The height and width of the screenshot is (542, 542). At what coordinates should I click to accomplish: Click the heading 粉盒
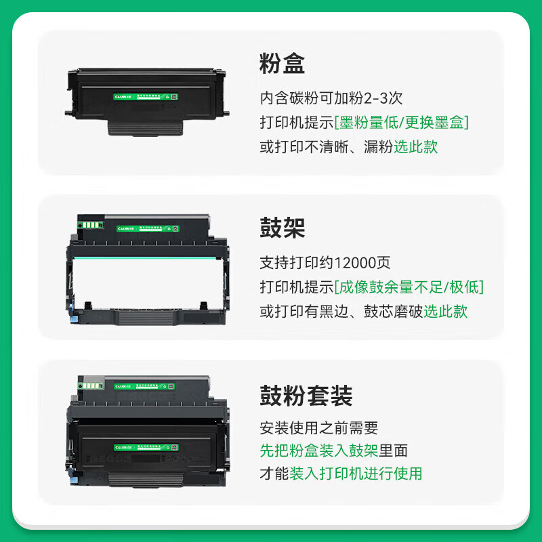tap(283, 64)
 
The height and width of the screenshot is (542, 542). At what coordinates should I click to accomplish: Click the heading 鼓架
tap(283, 228)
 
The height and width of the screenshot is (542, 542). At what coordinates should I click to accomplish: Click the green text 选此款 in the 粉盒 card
tap(415, 147)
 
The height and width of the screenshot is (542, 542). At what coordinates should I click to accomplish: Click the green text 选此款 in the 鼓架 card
tap(445, 312)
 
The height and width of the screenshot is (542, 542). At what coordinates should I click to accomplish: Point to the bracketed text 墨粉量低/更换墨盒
tap(403, 123)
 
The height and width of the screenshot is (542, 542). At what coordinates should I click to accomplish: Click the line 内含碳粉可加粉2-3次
tap(331, 98)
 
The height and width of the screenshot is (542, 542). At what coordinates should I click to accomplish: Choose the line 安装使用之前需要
tap(318, 428)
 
